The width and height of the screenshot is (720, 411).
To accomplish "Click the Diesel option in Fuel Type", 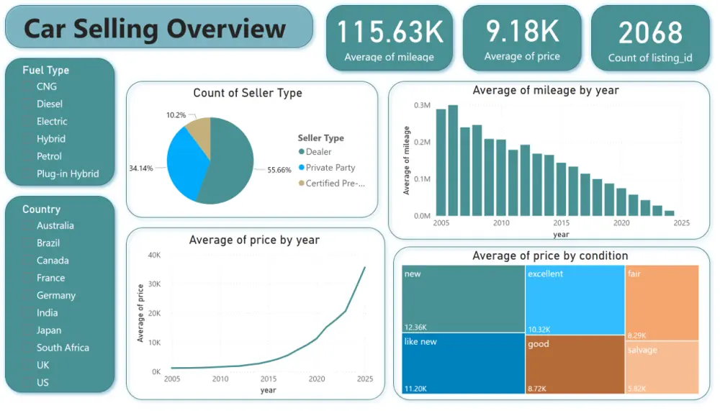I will (50, 104).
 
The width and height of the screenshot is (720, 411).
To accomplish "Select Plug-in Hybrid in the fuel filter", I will (68, 173).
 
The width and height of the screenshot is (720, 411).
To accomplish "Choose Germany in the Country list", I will (55, 295).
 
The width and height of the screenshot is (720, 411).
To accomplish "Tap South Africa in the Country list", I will (63, 348).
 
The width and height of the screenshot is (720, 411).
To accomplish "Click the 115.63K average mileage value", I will (390, 32).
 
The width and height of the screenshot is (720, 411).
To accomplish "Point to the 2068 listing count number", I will (650, 33).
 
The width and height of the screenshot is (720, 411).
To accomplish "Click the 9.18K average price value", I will (522, 32).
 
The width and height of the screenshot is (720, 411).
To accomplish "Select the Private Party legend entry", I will (330, 168).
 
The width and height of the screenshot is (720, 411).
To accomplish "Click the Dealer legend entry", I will (318, 152).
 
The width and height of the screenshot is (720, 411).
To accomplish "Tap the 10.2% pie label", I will (176, 114).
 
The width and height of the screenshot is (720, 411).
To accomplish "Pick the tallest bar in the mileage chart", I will (453, 161).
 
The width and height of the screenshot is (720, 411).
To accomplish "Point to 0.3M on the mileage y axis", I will (421, 105).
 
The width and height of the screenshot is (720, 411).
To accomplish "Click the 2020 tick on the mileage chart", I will (621, 223).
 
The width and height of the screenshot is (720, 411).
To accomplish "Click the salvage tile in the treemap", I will (661, 367).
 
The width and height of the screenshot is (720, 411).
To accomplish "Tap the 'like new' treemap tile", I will (462, 363).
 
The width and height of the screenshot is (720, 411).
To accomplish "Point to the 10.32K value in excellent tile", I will (539, 328).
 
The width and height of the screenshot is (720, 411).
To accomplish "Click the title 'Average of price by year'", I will (254, 240).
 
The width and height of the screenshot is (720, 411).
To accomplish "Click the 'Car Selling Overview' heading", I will (155, 29).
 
